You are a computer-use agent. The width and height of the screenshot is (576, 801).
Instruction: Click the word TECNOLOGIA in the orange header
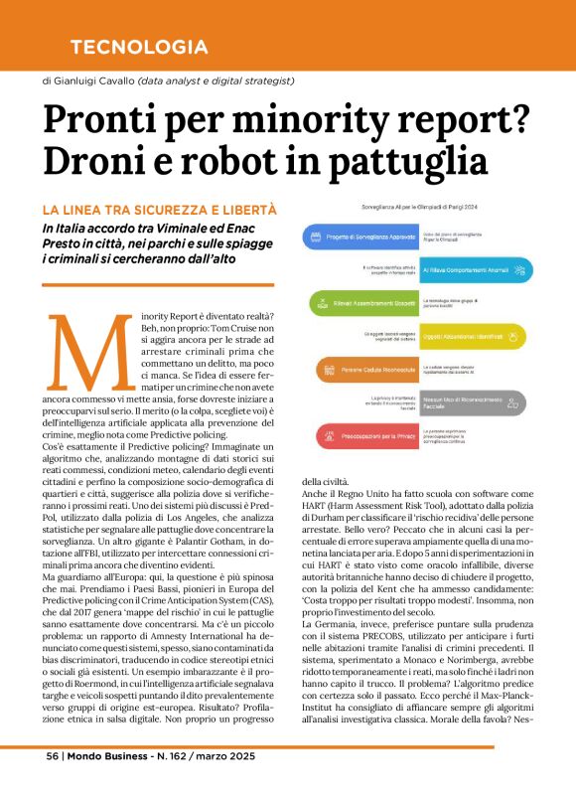(139, 47)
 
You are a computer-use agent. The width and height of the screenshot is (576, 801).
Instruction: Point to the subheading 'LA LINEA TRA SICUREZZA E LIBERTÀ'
(159, 211)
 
